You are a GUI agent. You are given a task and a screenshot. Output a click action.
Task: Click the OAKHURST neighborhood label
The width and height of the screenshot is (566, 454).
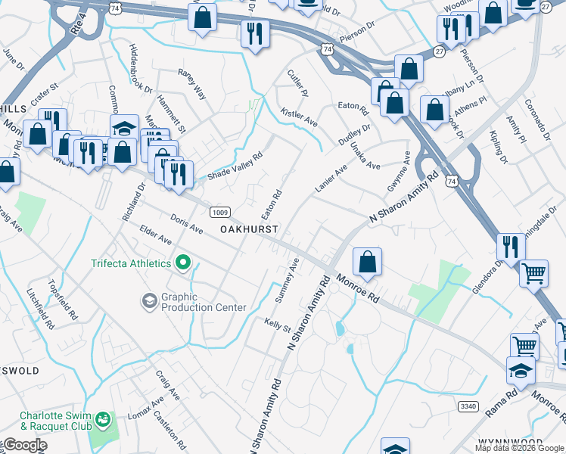[x=249, y=229]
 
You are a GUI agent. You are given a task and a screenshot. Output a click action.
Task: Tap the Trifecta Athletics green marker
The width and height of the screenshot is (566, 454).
[x=182, y=263]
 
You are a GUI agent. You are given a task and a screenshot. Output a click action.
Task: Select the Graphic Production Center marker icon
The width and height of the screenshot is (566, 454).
[x=149, y=301]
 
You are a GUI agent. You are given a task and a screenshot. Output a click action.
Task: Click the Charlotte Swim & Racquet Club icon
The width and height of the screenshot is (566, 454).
[x=101, y=418]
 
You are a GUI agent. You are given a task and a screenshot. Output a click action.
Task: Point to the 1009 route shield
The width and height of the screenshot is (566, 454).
[x=216, y=212]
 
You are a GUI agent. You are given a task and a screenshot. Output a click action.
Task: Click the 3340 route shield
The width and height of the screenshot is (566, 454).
[x=468, y=406]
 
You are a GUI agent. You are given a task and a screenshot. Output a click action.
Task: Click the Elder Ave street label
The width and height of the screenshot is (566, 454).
[x=156, y=238]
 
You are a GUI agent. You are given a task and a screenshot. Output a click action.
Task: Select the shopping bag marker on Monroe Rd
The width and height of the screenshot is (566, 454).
[x=367, y=262]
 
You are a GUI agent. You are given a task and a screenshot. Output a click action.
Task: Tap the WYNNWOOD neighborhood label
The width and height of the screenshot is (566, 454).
[x=509, y=442]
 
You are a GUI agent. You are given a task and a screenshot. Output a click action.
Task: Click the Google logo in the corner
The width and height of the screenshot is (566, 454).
[x=24, y=445]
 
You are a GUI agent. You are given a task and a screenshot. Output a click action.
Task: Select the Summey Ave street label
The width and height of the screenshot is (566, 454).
[x=288, y=281]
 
